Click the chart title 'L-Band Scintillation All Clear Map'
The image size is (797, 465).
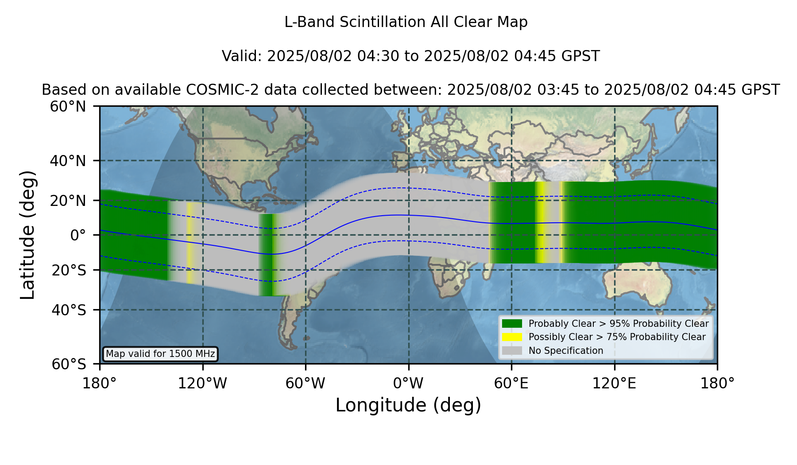point(406,22)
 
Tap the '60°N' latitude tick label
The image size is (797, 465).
point(68,106)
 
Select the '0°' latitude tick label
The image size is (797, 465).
point(78,235)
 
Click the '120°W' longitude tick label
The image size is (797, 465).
point(202,384)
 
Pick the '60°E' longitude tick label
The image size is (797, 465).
point(511,384)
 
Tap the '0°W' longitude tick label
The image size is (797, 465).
point(409,384)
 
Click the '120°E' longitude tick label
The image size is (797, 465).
point(615,384)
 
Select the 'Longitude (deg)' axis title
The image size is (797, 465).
point(408,405)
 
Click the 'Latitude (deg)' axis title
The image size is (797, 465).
point(28,235)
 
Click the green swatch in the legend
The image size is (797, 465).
point(512,324)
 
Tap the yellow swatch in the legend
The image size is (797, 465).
point(512,337)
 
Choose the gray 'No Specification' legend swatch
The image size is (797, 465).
point(512,351)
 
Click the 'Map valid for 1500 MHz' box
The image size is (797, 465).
point(160,354)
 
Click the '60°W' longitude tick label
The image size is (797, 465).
point(306,384)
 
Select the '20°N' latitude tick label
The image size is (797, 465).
point(68,201)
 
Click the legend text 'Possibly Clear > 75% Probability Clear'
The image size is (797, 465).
point(617,337)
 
